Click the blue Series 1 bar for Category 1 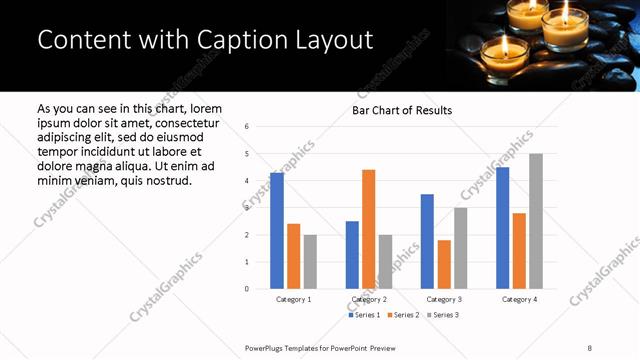click(277, 231)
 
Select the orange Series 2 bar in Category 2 click(369, 229)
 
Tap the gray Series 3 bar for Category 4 click(536, 221)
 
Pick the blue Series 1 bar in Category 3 click(427, 241)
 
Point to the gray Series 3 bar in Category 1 click(311, 262)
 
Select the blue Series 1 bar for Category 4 click(502, 228)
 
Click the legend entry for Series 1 click(364, 315)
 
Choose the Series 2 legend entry click(402, 315)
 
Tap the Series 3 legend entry click(441, 315)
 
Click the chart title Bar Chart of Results click(402, 110)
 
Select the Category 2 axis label click(369, 299)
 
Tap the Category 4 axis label click(519, 299)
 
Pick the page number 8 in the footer click(590, 347)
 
